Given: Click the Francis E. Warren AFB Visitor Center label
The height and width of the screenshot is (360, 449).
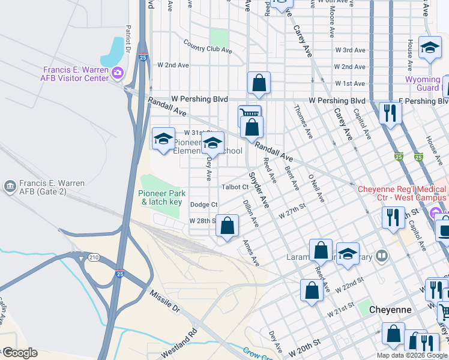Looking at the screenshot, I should (x=75, y=73).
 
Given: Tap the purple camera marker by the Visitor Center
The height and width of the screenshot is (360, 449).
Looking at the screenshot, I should (x=117, y=73).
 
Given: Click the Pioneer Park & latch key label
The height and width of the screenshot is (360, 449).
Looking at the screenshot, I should (x=161, y=197).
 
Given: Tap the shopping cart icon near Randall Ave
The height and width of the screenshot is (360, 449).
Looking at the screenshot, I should (x=249, y=113).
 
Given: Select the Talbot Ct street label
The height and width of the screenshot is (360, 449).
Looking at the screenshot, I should (x=235, y=187).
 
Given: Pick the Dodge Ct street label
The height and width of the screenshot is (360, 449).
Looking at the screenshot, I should (x=203, y=205).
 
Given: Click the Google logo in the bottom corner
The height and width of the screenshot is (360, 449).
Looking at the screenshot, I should (x=19, y=353).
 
